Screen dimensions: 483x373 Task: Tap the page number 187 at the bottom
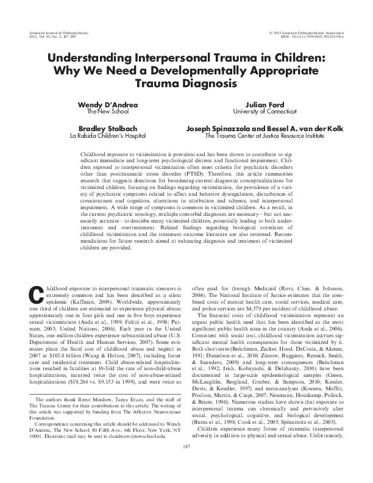(x=187, y=465)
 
